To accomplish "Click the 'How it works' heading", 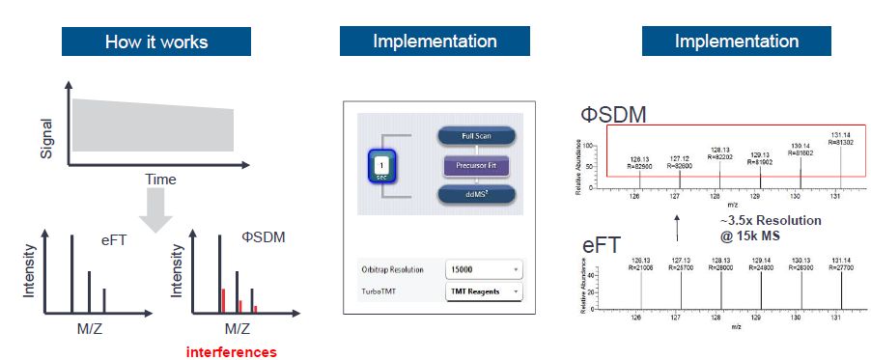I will tap(156, 42).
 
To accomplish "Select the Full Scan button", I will tap(476, 136).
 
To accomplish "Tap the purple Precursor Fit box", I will tap(476, 165).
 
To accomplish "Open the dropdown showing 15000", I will tap(484, 268).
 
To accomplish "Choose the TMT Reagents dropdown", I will tap(484, 290).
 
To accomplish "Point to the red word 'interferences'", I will tap(232, 352).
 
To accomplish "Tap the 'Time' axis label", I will tap(160, 180).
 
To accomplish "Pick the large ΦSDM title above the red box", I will tap(614, 116).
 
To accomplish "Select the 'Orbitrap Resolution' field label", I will tap(393, 268).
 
